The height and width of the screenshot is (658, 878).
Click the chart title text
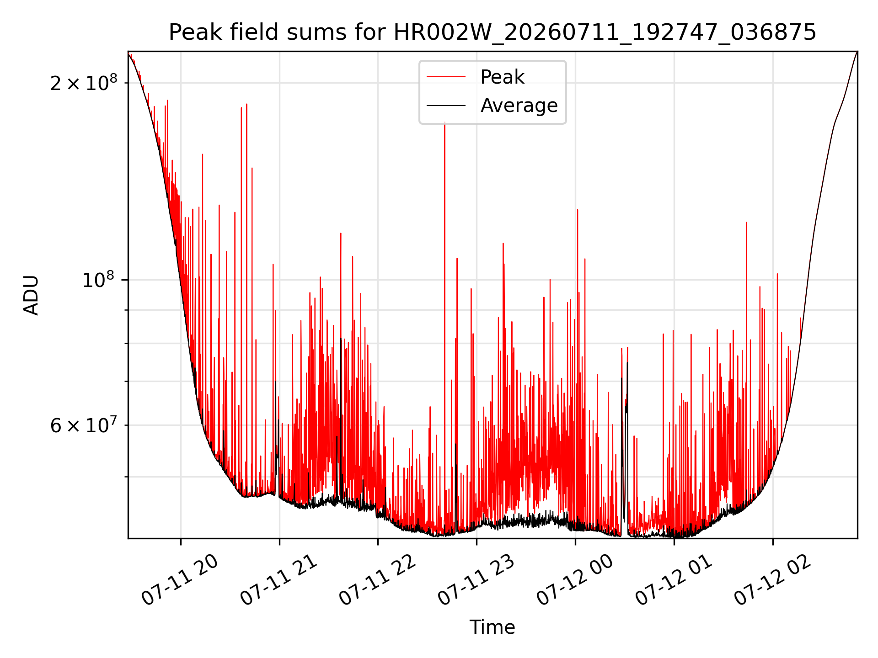493,32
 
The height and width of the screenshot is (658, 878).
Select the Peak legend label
502,77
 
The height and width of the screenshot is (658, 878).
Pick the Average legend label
519,106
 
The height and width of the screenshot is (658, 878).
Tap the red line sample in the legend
446,77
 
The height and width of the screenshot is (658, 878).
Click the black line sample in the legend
446,106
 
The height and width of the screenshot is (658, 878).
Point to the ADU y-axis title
31,295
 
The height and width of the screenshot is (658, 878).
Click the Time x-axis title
493,627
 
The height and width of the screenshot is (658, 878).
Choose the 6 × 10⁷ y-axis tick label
84,425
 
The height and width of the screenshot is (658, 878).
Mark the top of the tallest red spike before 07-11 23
444,122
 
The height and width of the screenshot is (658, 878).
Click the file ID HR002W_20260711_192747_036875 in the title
605,32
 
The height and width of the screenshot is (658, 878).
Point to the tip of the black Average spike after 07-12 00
627,363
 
